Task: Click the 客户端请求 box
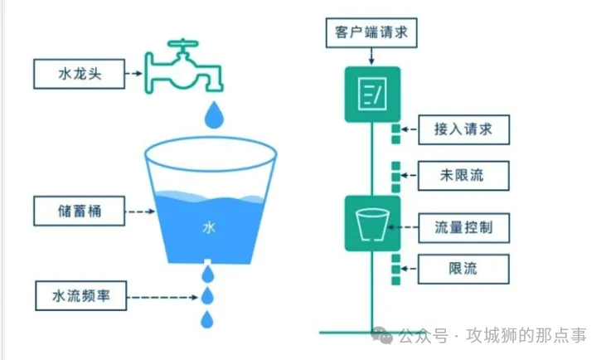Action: pos(370,34)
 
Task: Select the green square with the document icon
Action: pos(372,93)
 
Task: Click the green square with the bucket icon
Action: pos(372,223)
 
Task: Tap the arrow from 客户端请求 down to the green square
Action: pos(372,56)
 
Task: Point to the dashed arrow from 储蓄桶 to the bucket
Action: pos(138,212)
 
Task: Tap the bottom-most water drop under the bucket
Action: pos(207,319)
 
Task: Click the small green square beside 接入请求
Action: pos(396,130)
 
